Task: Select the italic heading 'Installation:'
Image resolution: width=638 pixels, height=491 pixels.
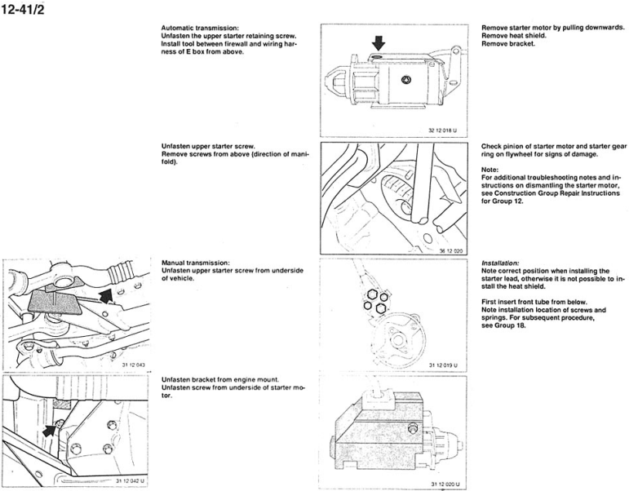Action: tap(499, 263)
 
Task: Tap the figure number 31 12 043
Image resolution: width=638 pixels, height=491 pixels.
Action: tap(134, 365)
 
